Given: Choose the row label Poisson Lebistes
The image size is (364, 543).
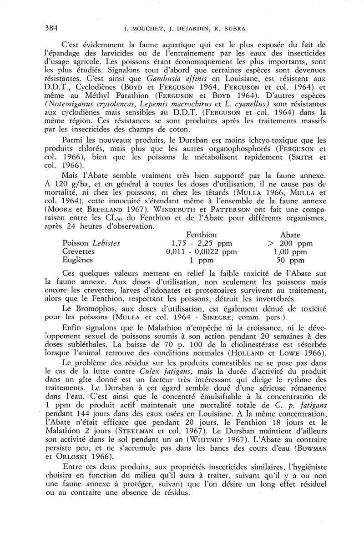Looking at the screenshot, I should click(x=91, y=243).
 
